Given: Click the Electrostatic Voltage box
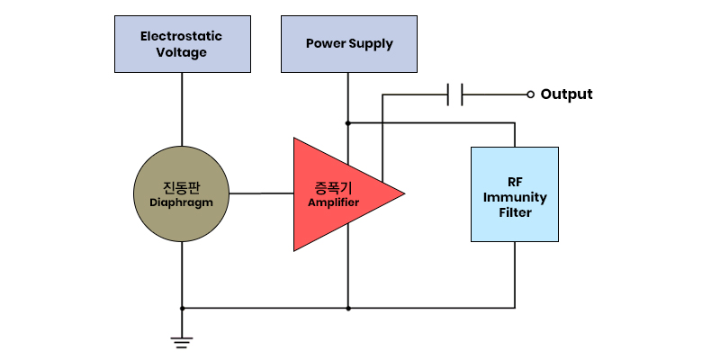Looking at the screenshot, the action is pyautogui.click(x=183, y=44).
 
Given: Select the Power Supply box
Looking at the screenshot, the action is pyautogui.click(x=349, y=44).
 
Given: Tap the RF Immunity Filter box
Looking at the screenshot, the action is pyautogui.click(x=515, y=194).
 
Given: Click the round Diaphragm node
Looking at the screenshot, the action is pyautogui.click(x=182, y=193).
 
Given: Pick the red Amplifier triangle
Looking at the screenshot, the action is pyautogui.click(x=335, y=194).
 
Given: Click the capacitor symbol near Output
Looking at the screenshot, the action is pyautogui.click(x=454, y=94).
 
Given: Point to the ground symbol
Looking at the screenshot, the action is pyautogui.click(x=182, y=343).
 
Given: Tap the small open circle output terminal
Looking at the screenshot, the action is pyautogui.click(x=530, y=94).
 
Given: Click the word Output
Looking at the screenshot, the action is pyautogui.click(x=566, y=94).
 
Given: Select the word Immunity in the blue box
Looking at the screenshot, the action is pyautogui.click(x=515, y=197).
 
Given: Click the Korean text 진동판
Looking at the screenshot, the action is pyautogui.click(x=182, y=188).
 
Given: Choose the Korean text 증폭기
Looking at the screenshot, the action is pyautogui.click(x=333, y=188).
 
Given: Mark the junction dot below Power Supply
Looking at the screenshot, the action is pyautogui.click(x=348, y=123).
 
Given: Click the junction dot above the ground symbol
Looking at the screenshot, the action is pyautogui.click(x=182, y=308).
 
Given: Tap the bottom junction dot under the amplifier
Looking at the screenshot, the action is pyautogui.click(x=348, y=308).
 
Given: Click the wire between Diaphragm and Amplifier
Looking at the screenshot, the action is pyautogui.click(x=261, y=193).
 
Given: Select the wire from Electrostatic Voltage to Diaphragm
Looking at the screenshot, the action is pyautogui.click(x=182, y=109).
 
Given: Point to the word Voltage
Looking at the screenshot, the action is pyautogui.click(x=181, y=52).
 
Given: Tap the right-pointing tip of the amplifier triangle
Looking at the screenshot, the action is pyautogui.click(x=405, y=193).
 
